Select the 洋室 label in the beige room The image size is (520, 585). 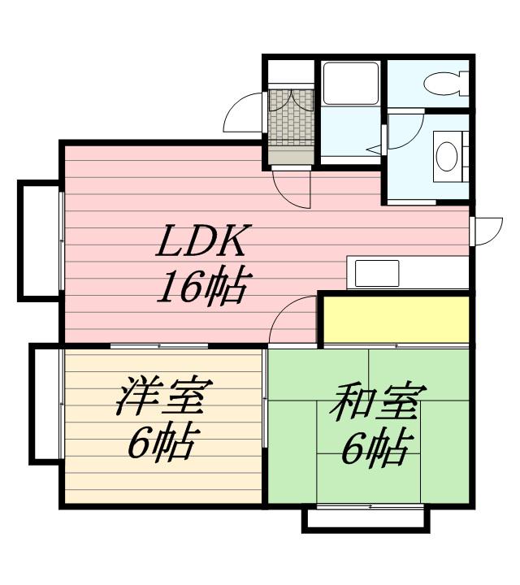(x=164, y=396)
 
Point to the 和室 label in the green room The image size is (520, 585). (x=378, y=400)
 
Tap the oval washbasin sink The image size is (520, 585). (x=447, y=157)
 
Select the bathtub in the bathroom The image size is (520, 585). (x=351, y=83)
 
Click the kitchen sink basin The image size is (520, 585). (x=377, y=273)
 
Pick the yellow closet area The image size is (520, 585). (x=396, y=319)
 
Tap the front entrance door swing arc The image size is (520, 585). (x=243, y=112)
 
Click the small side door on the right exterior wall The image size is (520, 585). (x=487, y=232)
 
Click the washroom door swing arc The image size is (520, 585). (x=406, y=130)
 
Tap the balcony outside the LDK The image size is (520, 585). (x=39, y=240)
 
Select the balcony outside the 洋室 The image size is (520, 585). (x=45, y=405)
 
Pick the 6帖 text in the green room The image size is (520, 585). (x=378, y=448)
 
